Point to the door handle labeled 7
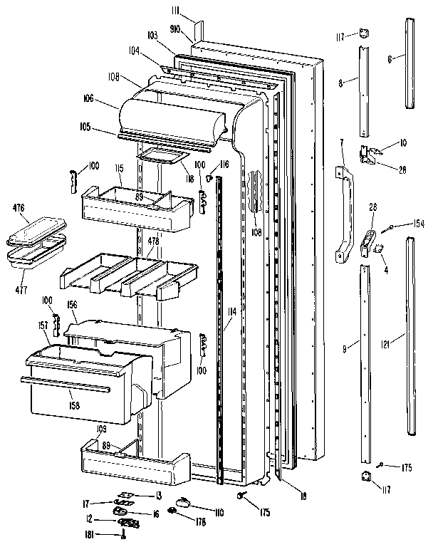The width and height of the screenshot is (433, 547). [x=345, y=214]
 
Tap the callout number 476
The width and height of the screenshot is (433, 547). [x=19, y=208]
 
